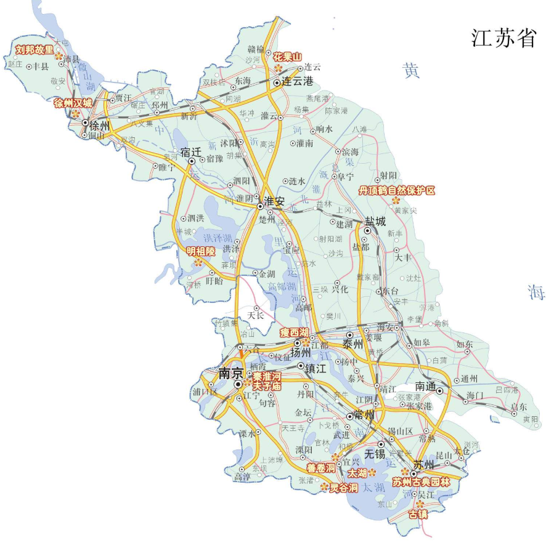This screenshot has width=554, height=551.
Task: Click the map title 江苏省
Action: tap(503, 38)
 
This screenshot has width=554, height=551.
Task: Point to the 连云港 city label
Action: tap(298, 82)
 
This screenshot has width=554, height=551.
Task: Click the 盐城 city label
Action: tap(375, 221)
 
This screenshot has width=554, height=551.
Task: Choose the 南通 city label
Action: tap(425, 387)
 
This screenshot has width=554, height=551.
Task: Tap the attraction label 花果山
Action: tap(288, 57)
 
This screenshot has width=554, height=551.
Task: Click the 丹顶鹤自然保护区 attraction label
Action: tap(397, 191)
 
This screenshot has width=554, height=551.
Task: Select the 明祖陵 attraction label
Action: tap(201, 251)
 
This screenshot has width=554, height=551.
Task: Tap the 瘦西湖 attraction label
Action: tap(293, 332)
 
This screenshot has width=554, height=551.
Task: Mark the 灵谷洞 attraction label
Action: tap(343, 488)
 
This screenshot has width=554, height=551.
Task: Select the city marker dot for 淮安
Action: tap(260, 206)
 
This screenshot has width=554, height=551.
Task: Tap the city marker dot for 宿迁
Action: tap(192, 161)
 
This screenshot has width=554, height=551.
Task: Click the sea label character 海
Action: tap(536, 293)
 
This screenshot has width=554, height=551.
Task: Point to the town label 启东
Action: tap(519, 407)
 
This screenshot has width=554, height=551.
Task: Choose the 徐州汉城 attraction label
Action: tap(73, 103)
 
